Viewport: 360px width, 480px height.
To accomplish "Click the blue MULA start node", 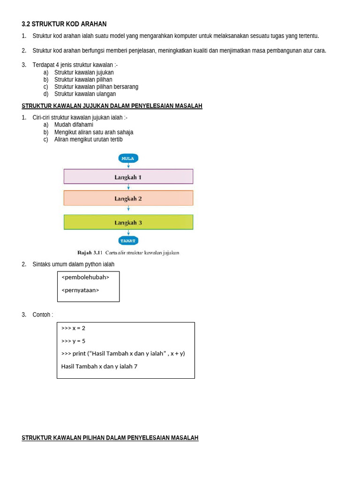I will pos(128,158).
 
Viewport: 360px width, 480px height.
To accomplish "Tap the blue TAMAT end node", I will pos(128,240).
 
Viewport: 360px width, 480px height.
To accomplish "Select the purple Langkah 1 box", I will pos(128,177).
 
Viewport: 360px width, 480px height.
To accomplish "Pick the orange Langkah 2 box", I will pos(128,198).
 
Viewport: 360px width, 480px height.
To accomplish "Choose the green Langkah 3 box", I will pos(128,222).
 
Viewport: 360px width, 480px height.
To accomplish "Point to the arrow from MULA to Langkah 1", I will pos(128,165).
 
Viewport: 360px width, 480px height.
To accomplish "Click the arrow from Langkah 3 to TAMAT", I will pos(128,232).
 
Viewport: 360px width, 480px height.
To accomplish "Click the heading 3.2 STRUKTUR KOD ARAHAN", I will pos(64,24).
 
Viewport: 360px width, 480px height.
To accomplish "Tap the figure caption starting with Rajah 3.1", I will pos(128,253).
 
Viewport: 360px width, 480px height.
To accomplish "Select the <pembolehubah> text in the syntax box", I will pos(85,277).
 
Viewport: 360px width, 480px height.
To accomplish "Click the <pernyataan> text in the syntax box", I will pos(80,290).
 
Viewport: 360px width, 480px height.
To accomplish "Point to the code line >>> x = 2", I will pos(73,328).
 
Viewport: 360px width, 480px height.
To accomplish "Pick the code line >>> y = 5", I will pos(73,341).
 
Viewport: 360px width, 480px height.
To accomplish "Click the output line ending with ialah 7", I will pos(99,367).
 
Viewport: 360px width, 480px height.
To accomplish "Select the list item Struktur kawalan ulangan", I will pos(85,94).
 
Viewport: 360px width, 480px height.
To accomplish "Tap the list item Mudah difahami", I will pos(74,125).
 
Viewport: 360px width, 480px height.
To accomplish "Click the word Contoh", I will pos(42,315).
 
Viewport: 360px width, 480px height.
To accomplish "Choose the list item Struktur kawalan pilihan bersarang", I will pos(96,87).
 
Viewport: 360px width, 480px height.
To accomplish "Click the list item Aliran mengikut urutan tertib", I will pos(88,139).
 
